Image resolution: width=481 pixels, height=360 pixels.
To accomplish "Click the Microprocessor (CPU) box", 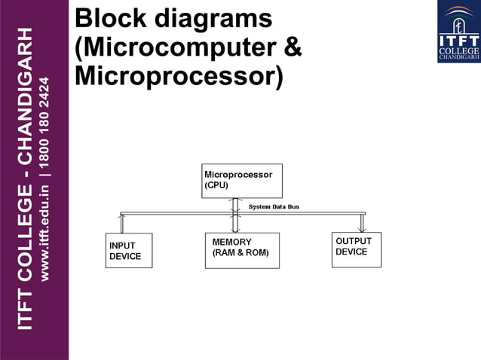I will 241,181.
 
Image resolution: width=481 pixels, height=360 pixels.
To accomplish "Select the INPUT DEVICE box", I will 129,251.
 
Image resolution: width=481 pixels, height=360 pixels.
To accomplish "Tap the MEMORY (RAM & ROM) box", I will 242,251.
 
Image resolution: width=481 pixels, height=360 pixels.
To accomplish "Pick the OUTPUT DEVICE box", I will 357,249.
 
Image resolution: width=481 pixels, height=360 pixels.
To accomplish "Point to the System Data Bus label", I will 274,206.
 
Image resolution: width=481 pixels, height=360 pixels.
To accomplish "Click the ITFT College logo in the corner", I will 458,32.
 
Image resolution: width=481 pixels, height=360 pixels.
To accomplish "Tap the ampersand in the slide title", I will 293,47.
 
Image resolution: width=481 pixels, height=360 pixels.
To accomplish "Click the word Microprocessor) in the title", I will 179,77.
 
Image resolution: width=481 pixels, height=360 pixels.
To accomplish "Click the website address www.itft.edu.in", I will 44,233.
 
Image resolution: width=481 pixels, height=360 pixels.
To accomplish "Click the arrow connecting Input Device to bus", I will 121,223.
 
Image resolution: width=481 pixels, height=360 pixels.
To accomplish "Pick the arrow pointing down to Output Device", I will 362,223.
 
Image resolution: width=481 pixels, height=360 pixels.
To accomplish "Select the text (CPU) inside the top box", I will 218,185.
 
